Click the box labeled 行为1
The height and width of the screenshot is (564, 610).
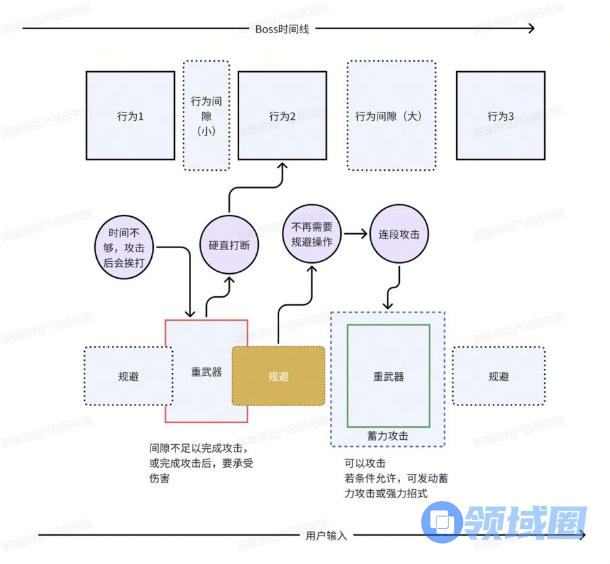pyautogui.click(x=130, y=115)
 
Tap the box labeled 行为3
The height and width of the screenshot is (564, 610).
pyautogui.click(x=500, y=115)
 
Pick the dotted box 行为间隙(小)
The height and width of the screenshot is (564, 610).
pyautogui.click(x=206, y=115)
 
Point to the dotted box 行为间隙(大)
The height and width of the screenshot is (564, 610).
pyautogui.click(x=391, y=115)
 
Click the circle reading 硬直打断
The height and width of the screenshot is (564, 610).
pyautogui.click(x=229, y=245)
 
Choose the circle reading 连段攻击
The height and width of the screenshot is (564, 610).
pyautogui.click(x=399, y=235)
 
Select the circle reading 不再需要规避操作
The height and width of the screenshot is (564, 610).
pyautogui.click(x=312, y=235)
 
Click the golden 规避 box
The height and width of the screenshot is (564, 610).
pyautogui.click(x=279, y=376)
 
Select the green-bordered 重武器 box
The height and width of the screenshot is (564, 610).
pyautogui.click(x=388, y=376)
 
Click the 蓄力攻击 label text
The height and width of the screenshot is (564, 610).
pyautogui.click(x=388, y=437)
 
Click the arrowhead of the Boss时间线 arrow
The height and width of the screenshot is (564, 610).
pyautogui.click(x=530, y=28)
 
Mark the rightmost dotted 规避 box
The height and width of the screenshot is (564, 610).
pyautogui.click(x=498, y=376)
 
